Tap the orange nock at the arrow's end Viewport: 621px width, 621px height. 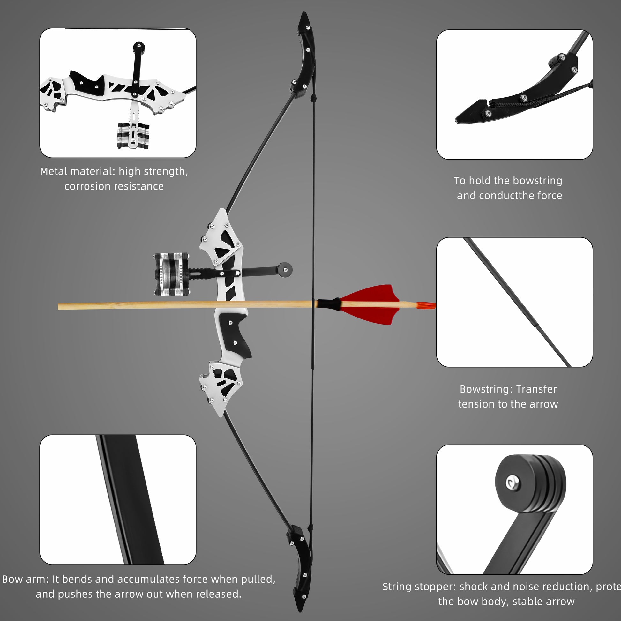point(426,305)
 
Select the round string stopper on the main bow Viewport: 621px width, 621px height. point(285,269)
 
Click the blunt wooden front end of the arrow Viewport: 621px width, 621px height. point(60,306)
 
